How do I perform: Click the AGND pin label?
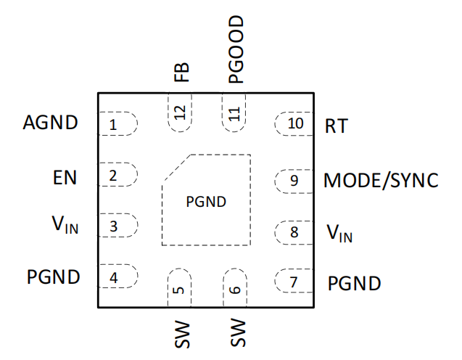50,123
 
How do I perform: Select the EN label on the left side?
65,176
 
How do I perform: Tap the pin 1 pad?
117,124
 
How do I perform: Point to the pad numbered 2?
117,175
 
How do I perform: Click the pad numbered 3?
117,226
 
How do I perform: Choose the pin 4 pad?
117,277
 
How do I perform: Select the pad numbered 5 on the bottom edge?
178,287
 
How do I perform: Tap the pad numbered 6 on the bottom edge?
234,287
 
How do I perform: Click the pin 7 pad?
294,282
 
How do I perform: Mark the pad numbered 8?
294,232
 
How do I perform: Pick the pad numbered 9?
294,180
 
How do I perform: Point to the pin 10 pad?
294,123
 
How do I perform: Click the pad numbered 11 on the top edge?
234,113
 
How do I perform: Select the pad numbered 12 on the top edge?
179,113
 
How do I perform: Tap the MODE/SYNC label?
381,180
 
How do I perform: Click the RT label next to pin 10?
337,126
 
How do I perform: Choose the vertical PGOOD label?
235,49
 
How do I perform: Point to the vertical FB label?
181,72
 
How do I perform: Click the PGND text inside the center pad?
207,202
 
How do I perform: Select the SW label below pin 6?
236,332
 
